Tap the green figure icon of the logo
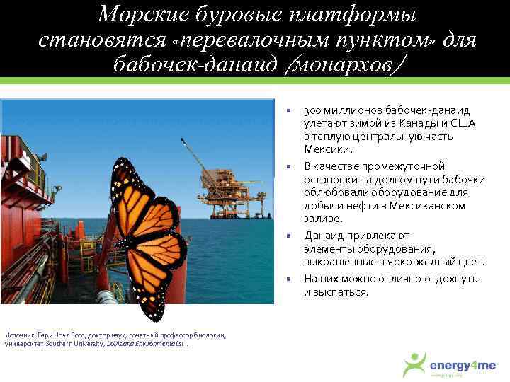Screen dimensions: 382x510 point(414,364)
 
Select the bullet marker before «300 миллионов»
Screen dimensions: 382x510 point(289,111)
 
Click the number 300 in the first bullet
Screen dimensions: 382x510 point(312,110)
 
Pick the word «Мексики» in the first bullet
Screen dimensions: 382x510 point(326,149)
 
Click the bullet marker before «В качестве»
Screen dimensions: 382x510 point(289,167)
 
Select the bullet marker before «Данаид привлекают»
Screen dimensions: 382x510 point(289,236)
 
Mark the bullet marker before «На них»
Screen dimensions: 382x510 point(289,279)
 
